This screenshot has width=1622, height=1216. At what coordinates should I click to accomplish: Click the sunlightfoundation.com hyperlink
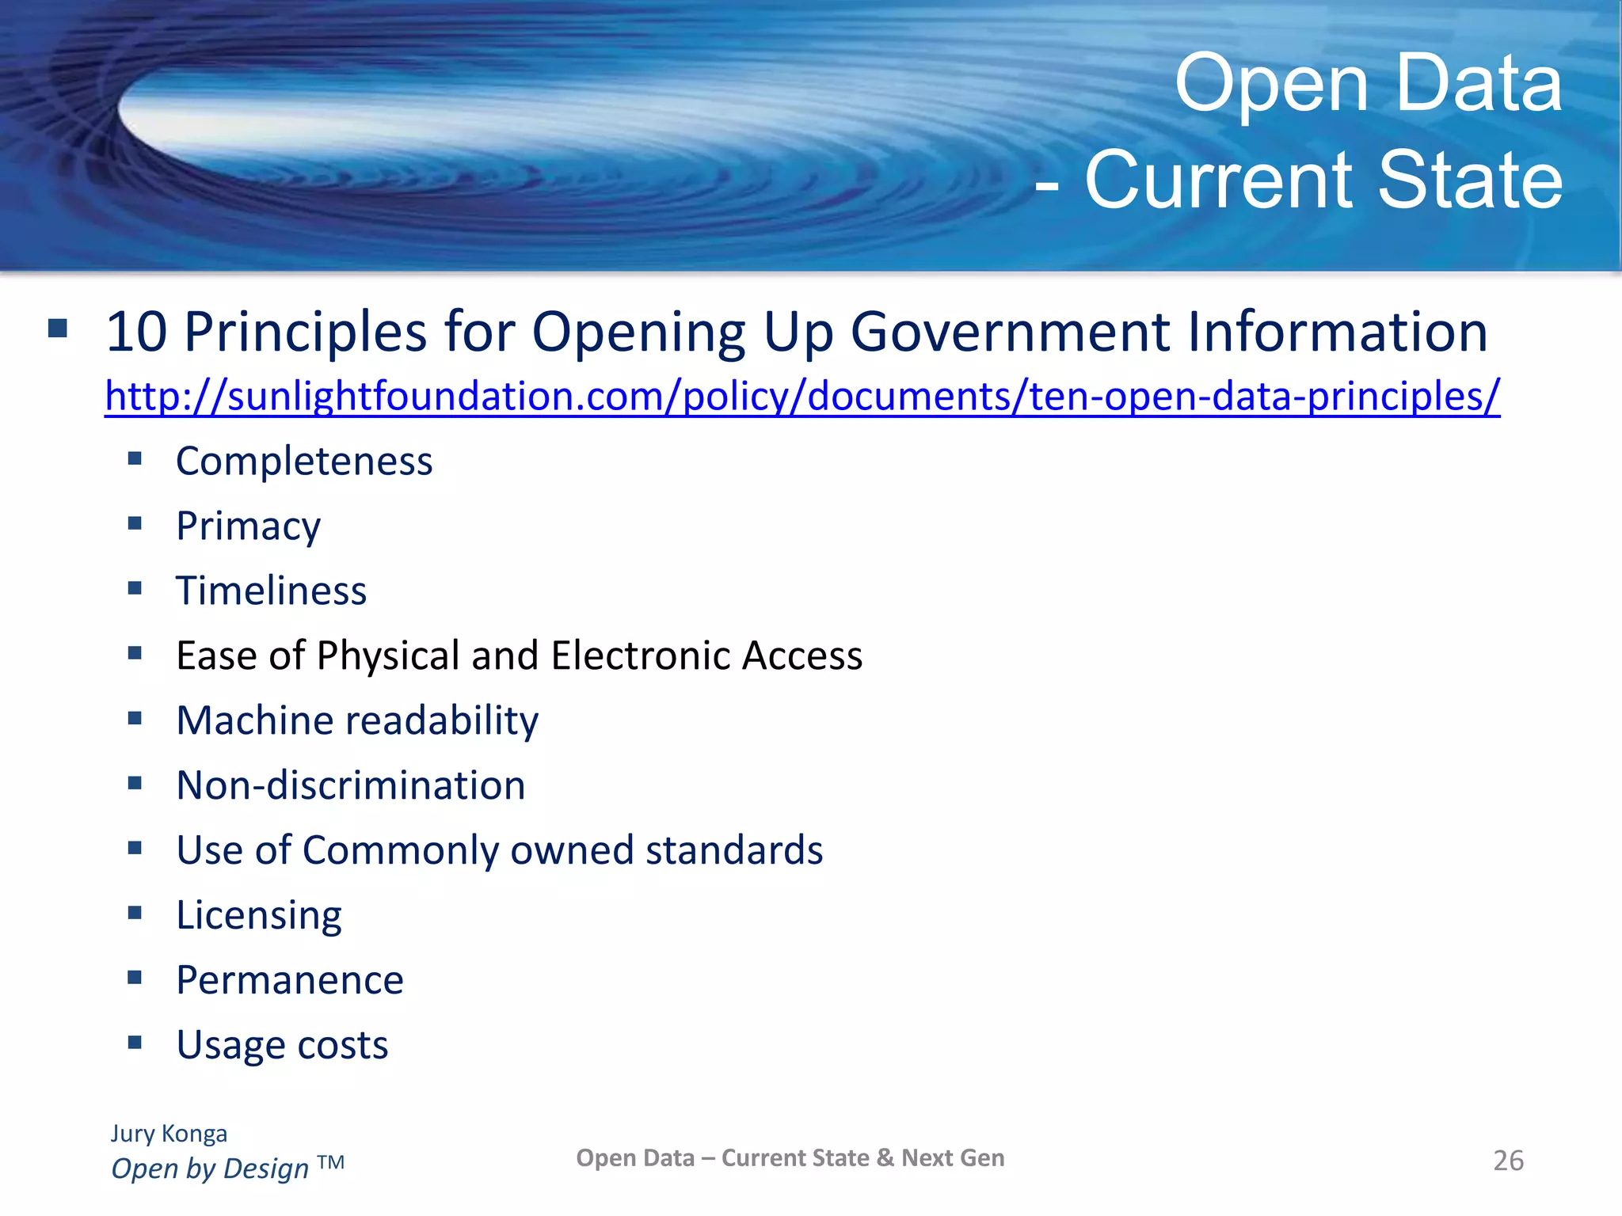pos(801,396)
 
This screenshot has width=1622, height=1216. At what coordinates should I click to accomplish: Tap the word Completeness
pos(304,462)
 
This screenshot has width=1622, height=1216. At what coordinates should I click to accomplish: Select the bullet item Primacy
pos(248,526)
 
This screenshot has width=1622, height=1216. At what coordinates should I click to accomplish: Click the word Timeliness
pos(271,591)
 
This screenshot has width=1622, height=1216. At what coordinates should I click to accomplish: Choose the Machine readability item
pos(357,721)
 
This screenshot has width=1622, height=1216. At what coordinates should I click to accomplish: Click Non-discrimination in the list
pos(351,786)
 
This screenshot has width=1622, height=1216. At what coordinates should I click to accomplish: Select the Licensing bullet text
pos(259,916)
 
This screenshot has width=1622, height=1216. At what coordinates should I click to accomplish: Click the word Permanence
pos(290,981)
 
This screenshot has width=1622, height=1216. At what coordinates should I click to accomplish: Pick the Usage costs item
pos(282,1046)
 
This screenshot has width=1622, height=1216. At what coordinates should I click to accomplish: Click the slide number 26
pos(1508,1161)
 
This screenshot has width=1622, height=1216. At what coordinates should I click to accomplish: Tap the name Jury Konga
pos(169,1134)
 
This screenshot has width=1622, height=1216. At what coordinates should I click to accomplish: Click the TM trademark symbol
pos(331,1163)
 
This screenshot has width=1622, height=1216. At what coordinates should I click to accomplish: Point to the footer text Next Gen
pos(953,1158)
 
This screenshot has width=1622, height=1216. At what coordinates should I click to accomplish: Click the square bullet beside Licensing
pos(135,913)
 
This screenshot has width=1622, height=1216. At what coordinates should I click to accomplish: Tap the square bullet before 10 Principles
pos(58,328)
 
